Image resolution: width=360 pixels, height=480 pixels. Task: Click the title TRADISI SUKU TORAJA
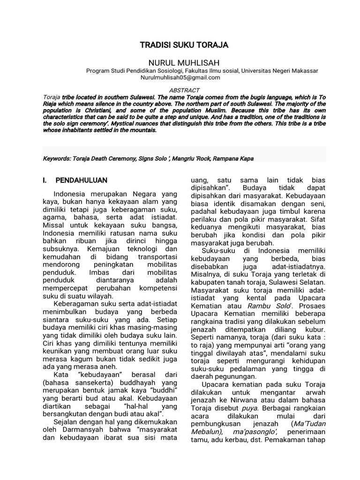pyautogui.click(x=184, y=45)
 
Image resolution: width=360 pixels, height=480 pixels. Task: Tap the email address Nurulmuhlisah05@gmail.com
pyautogui.click(x=177, y=77)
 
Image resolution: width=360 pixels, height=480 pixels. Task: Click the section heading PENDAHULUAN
pyautogui.click(x=82, y=180)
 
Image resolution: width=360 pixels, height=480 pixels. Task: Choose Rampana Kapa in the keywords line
pyautogui.click(x=234, y=158)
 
